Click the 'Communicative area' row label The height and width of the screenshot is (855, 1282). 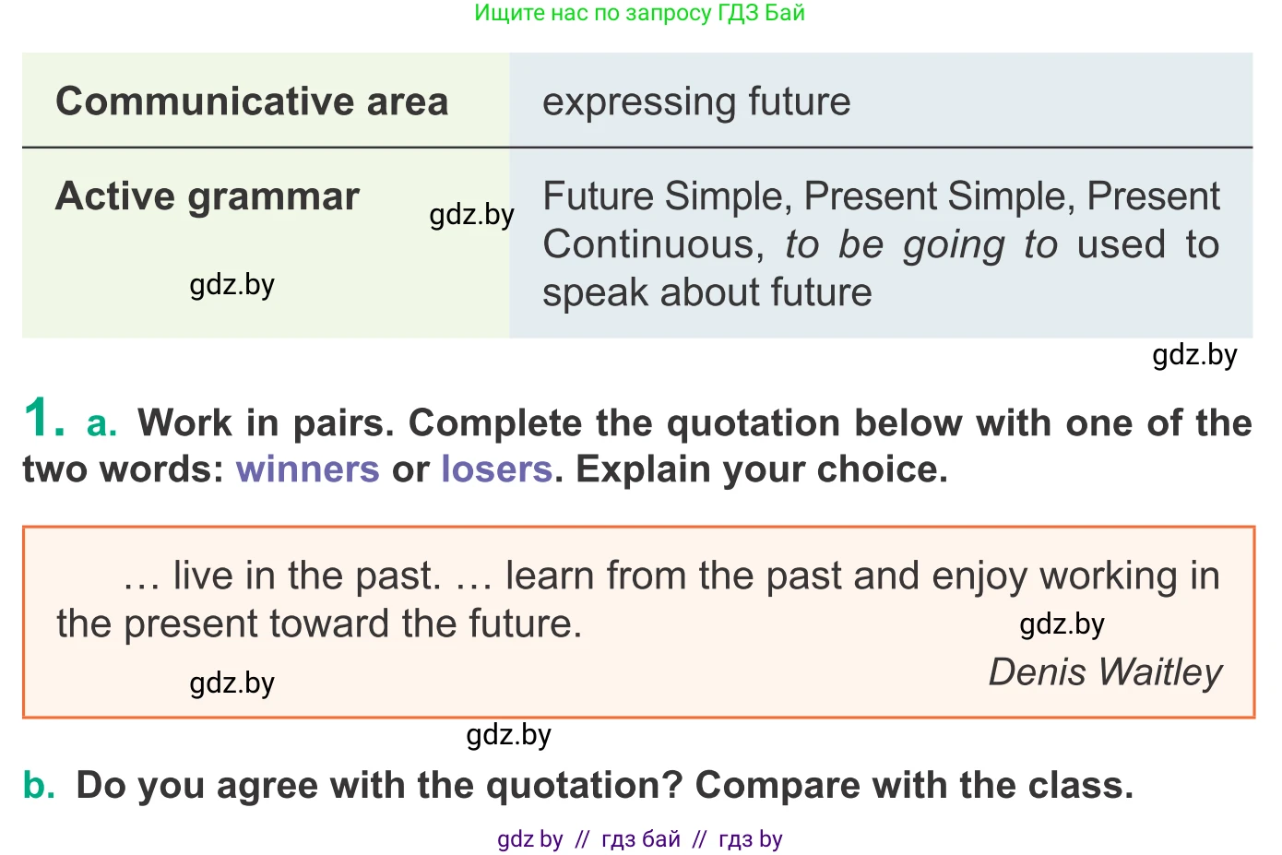tap(252, 101)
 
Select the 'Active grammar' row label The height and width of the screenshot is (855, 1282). tap(208, 197)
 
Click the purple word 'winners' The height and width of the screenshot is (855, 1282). tap(307, 469)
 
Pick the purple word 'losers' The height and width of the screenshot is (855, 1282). tap(497, 469)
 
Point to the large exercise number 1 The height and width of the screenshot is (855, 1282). tap(43, 417)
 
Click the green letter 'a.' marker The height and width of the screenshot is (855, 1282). tap(101, 424)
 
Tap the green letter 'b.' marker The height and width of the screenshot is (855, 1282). tap(39, 784)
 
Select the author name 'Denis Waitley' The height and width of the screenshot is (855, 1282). tap(1105, 672)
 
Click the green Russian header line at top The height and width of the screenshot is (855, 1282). tap(640, 13)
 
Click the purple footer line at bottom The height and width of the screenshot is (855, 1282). tap(640, 839)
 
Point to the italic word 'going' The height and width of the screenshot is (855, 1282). tap(954, 246)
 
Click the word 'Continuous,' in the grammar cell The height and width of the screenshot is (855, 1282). tap(654, 245)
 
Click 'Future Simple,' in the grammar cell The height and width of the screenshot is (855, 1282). tap(668, 197)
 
